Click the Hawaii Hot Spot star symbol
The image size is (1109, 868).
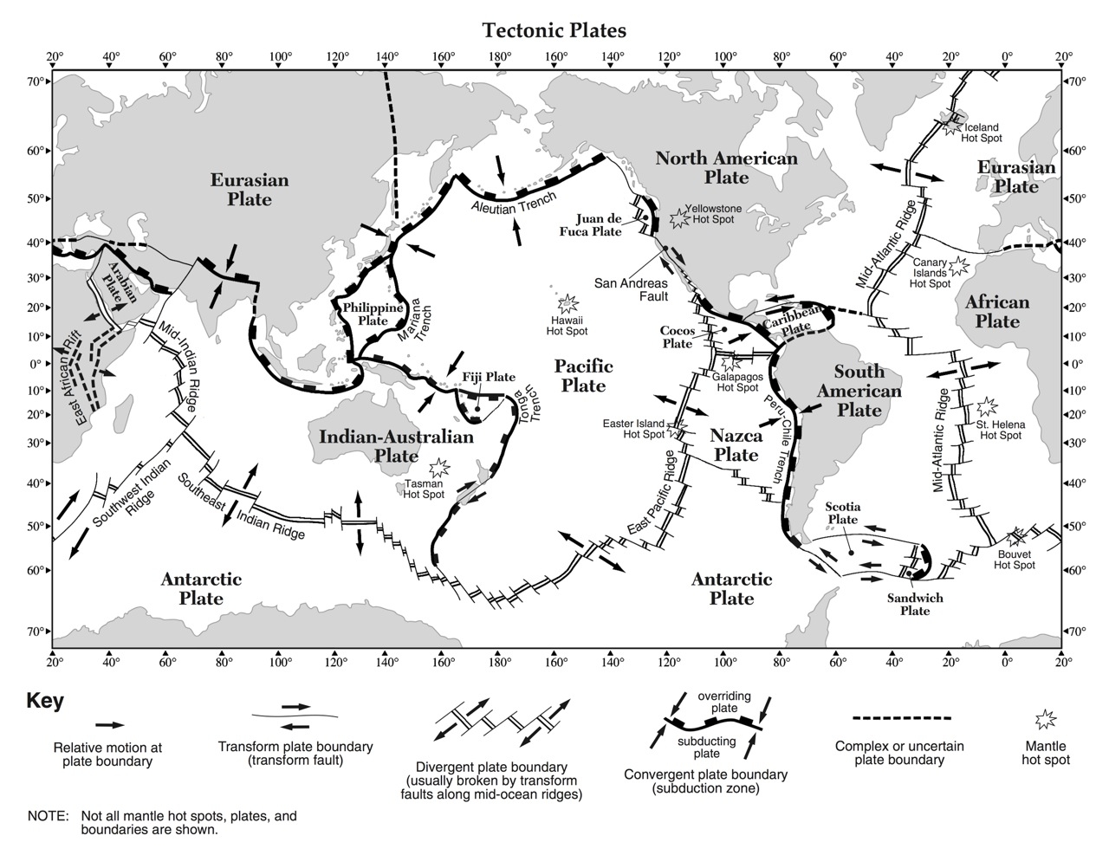(567, 303)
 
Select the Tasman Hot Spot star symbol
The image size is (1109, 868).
(439, 469)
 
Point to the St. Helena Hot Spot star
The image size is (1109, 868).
(987, 406)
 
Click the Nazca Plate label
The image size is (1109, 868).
(736, 444)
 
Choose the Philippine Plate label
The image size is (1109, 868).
(373, 314)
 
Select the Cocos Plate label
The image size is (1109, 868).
(677, 337)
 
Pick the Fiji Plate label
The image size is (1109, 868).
(488, 377)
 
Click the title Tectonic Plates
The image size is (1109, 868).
(554, 30)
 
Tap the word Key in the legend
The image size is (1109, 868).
(45, 701)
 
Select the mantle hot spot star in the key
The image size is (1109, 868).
(1047, 719)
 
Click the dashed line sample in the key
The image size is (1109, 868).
(901, 718)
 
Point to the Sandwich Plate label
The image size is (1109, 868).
(915, 604)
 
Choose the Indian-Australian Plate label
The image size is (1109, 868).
(396, 445)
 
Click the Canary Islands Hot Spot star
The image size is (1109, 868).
(959, 265)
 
